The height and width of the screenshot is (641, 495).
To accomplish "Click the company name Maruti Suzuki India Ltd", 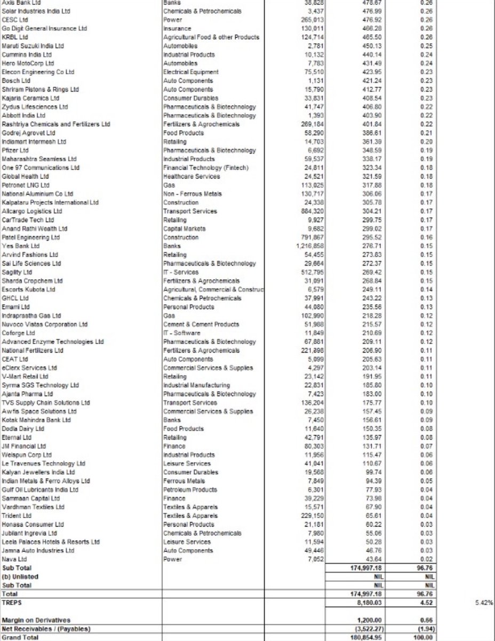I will [x=33, y=46].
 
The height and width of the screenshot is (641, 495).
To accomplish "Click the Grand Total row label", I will [x=19, y=637].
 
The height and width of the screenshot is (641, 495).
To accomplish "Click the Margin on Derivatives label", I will [x=36, y=620].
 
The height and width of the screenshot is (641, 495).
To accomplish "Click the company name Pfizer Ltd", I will [x=15, y=151].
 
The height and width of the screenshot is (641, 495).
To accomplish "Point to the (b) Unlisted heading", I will [x=21, y=577].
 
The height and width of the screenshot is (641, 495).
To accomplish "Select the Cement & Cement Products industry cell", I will [x=201, y=324].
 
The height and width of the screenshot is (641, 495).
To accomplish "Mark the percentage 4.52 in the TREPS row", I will [x=426, y=602].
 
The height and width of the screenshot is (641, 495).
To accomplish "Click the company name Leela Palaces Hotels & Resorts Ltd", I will [x=51, y=542].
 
